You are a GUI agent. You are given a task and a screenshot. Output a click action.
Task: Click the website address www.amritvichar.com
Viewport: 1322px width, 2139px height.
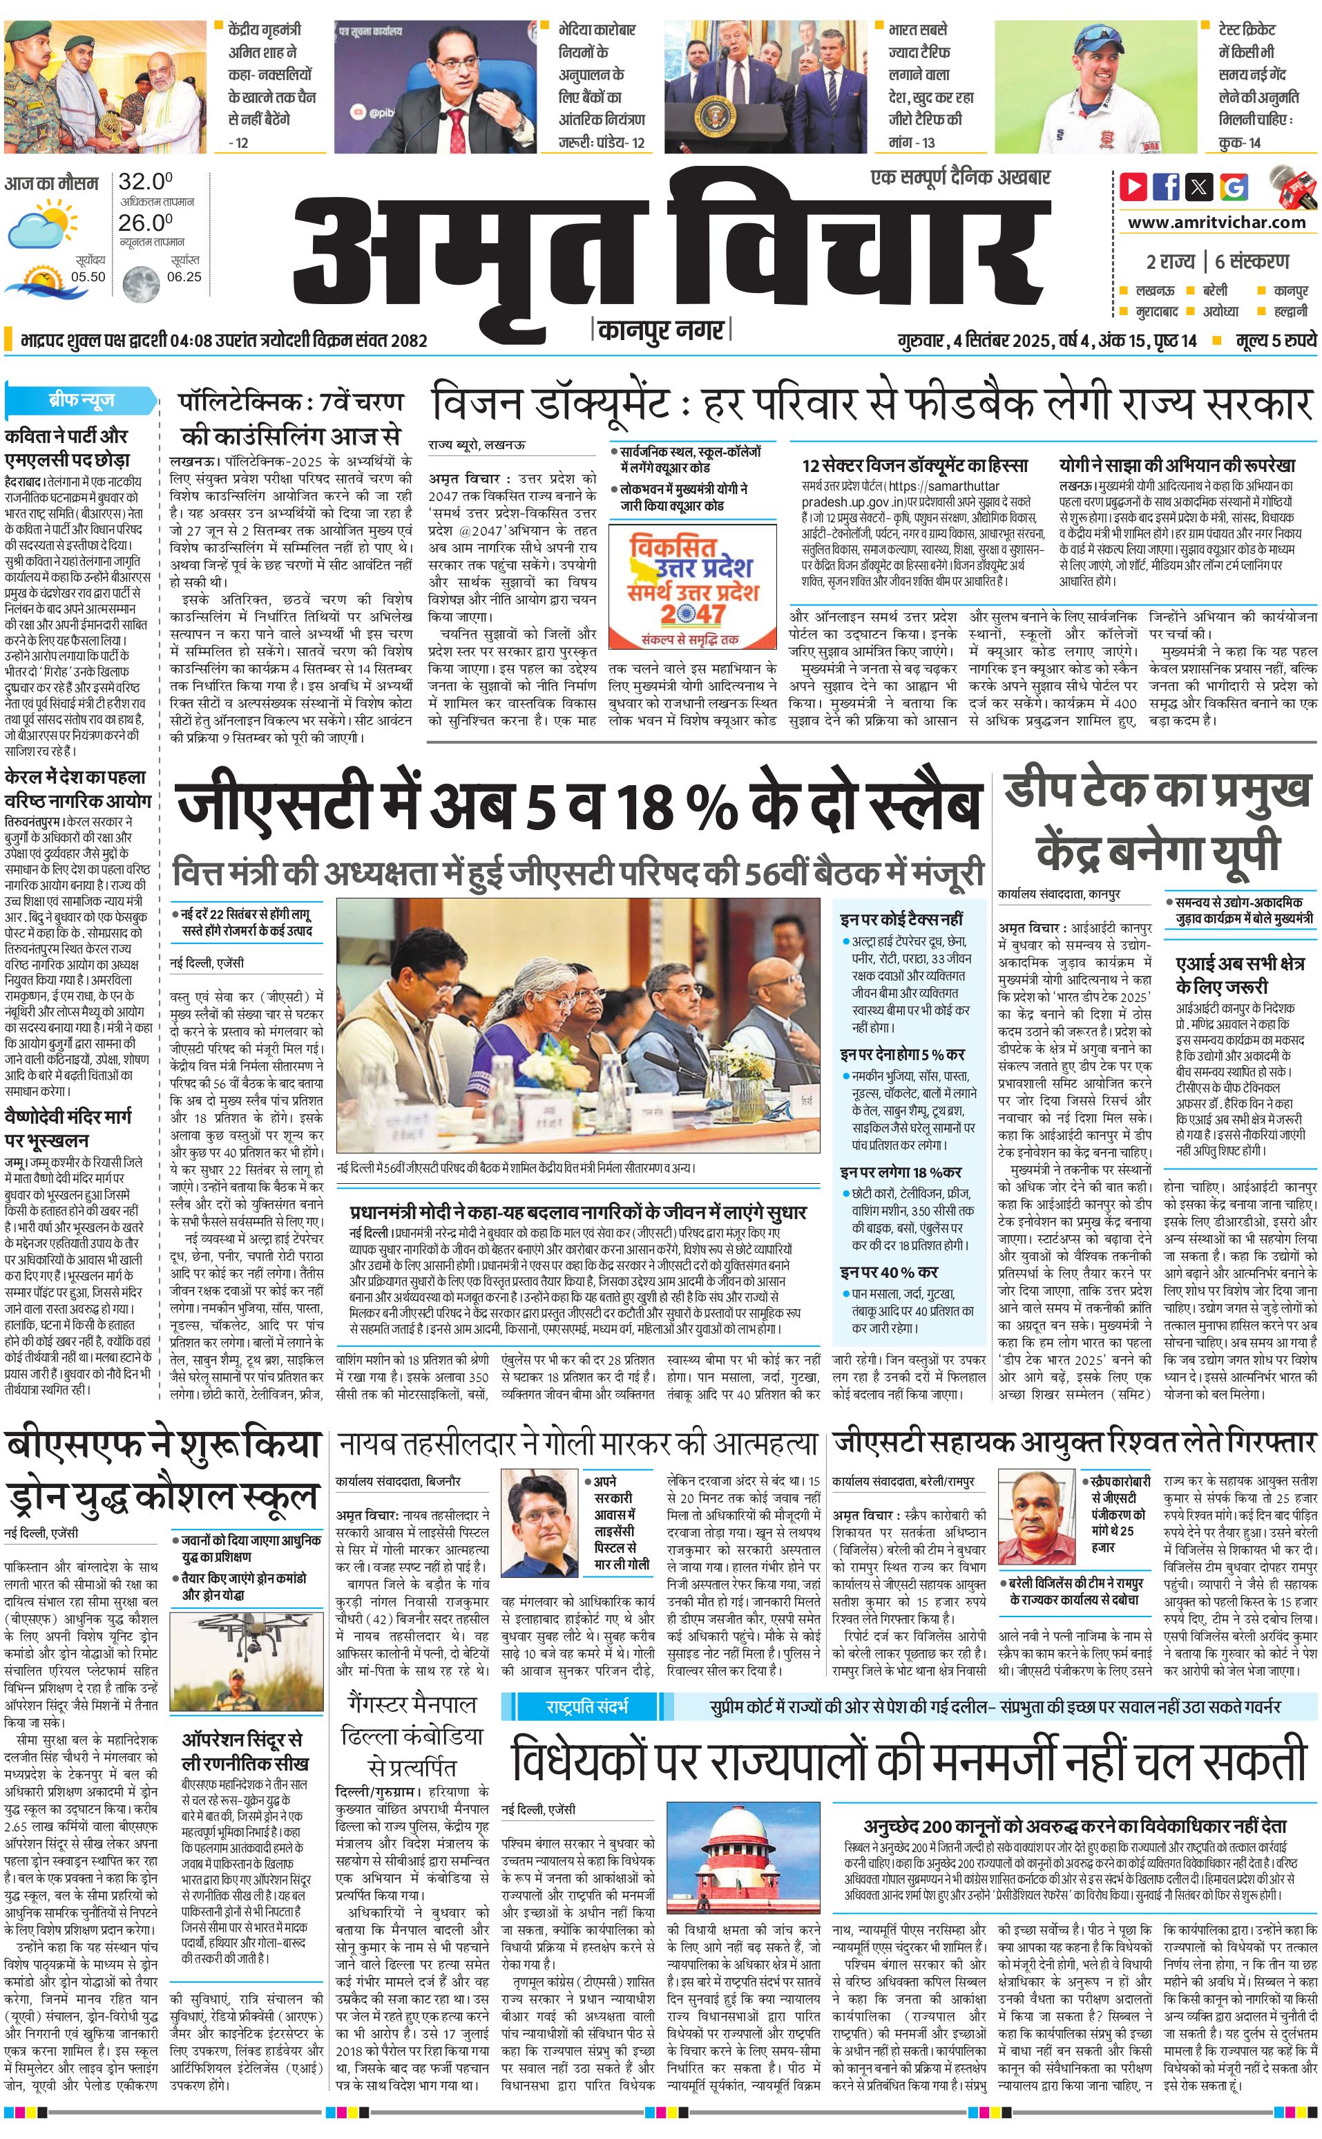1216,223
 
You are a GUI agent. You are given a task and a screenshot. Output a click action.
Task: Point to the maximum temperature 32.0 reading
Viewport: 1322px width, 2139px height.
145,182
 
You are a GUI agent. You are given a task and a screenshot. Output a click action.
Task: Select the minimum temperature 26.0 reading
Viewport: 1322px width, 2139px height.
145,223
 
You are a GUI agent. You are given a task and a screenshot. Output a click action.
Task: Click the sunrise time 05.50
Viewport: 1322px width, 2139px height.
88,276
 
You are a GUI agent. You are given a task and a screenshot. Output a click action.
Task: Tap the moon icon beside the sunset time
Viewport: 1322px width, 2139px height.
140,284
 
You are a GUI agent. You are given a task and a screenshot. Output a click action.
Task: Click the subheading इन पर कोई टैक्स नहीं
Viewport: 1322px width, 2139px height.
901,918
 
